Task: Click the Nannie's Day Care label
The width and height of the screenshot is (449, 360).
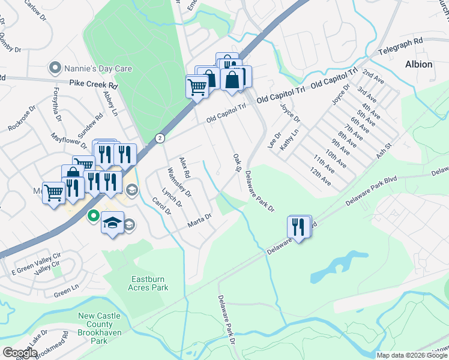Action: [x=98, y=68]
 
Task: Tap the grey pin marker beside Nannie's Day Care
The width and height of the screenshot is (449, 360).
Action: [x=56, y=68]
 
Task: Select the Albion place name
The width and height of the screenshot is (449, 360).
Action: [x=418, y=64]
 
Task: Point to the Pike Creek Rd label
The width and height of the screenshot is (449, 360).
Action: [x=92, y=85]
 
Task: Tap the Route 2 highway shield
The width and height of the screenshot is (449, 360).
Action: [x=160, y=137]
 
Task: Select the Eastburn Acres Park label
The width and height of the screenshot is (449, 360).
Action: [x=150, y=283]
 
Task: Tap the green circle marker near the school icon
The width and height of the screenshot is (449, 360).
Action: [x=93, y=215]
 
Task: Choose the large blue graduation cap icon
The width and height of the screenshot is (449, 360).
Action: [x=112, y=223]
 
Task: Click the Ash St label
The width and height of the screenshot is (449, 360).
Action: [x=384, y=149]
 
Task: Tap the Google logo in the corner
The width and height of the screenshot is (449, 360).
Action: [x=19, y=353]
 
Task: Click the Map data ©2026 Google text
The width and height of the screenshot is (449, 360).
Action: [x=411, y=355]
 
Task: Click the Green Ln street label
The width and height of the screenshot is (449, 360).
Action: [x=66, y=294]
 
